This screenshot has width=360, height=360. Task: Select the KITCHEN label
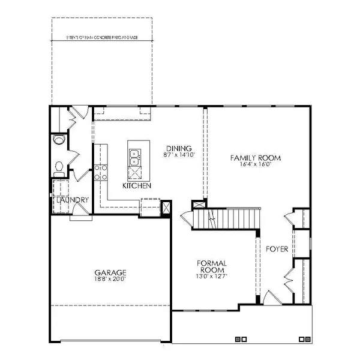tap(136, 186)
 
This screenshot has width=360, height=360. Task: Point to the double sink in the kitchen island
tap(135, 157)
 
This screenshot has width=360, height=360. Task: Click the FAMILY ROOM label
tap(256, 158)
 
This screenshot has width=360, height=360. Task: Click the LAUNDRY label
tap(70, 200)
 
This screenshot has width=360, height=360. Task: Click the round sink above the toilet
tap(58, 139)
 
